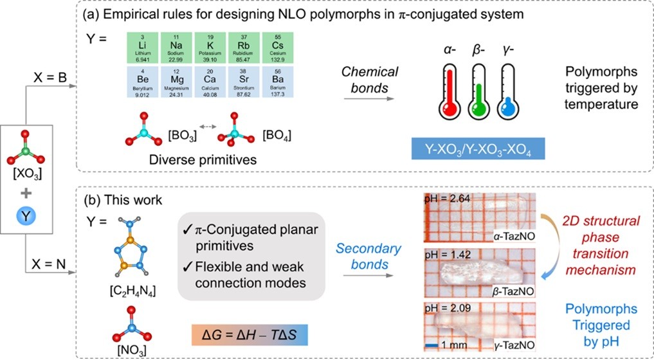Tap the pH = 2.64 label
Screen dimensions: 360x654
click(449, 199)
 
